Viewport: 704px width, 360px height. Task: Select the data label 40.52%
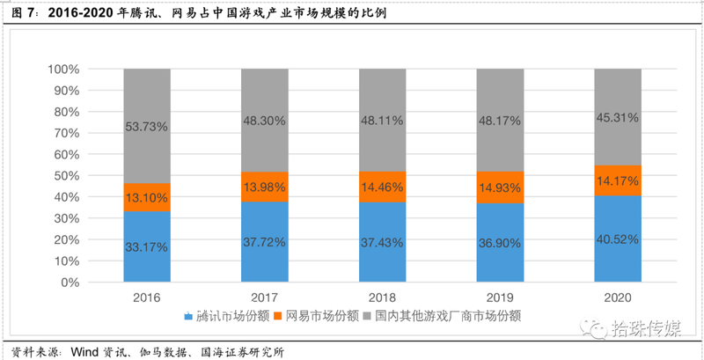618,239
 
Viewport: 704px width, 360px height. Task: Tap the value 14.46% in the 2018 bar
383,187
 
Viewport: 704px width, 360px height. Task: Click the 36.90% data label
500,243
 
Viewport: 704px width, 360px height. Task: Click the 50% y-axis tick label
66,176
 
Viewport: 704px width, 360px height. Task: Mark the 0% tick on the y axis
70,283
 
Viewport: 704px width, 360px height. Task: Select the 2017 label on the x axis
265,298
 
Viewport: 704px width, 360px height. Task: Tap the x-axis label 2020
618,298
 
